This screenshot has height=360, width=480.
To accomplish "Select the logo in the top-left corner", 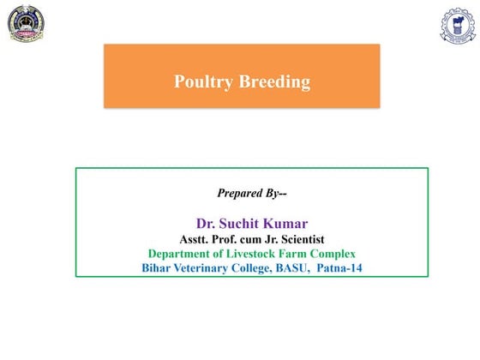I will (x=27, y=25).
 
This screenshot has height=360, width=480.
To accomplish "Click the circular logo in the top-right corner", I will (x=458, y=26).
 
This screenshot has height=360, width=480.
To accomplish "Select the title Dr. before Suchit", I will (x=206, y=223).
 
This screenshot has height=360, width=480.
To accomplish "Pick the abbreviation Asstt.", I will (x=195, y=238).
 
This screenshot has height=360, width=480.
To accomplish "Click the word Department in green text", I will (x=183, y=254).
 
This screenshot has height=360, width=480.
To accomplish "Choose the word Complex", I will (x=333, y=254).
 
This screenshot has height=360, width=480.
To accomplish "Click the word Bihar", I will (x=158, y=268).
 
